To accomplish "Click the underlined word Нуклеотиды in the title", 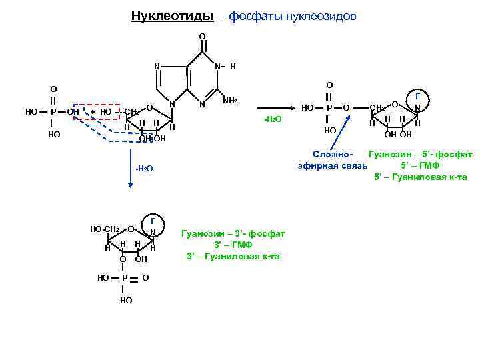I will coord(172,15).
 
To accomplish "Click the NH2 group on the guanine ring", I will coord(230,101).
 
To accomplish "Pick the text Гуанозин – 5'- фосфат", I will coord(420,154).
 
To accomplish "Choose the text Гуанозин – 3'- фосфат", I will coord(233,233).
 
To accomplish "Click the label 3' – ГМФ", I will coord(233,245).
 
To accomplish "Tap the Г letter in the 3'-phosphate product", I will coord(153,221).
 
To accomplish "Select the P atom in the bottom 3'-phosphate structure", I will coord(125,277).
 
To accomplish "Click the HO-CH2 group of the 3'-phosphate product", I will coord(105,229).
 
